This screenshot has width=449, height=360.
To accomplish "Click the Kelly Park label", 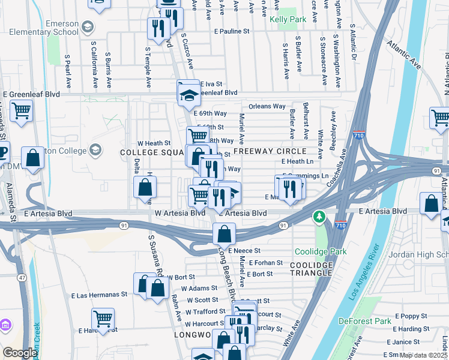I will [x=288, y=19].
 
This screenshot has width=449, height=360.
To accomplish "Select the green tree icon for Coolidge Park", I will [x=320, y=217].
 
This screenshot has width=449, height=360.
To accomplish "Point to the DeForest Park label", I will [x=364, y=321].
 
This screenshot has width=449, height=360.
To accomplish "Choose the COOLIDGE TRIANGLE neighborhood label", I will [x=311, y=269].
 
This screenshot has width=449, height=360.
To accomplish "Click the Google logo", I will [x=20, y=353].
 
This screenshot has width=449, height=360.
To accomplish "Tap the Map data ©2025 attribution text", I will [x=424, y=355].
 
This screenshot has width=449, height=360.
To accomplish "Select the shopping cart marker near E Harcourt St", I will [x=103, y=319].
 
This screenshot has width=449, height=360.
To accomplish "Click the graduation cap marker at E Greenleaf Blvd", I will [x=188, y=92].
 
